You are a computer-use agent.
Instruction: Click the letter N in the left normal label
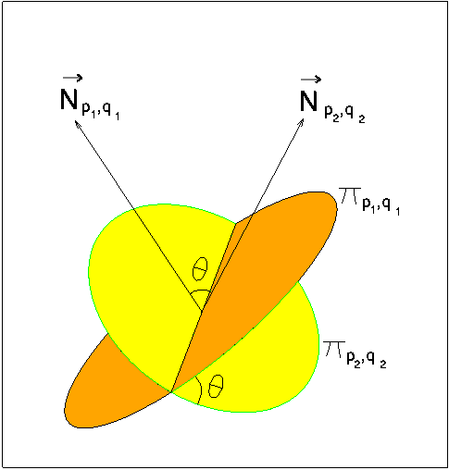(x=69, y=100)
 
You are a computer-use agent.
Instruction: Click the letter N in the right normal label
(x=308, y=102)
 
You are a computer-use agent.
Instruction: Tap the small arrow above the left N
(x=72, y=78)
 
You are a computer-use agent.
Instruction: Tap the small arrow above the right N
(x=311, y=80)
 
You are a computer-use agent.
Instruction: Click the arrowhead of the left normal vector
(x=77, y=123)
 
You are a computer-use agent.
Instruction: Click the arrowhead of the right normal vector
(x=301, y=122)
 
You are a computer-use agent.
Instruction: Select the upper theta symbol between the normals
(x=200, y=269)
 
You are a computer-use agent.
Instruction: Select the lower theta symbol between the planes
(x=216, y=386)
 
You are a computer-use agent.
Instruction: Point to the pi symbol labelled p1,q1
(x=350, y=196)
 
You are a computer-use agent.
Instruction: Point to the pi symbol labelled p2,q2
(x=334, y=350)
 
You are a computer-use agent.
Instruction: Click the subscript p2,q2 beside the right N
(x=344, y=116)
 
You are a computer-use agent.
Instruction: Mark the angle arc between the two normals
(x=200, y=291)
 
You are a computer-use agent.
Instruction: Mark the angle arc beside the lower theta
(x=201, y=390)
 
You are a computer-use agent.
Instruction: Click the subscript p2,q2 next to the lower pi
(x=367, y=360)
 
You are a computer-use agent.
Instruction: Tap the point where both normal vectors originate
(x=202, y=311)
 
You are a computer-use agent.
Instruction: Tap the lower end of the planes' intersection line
(x=170, y=391)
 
